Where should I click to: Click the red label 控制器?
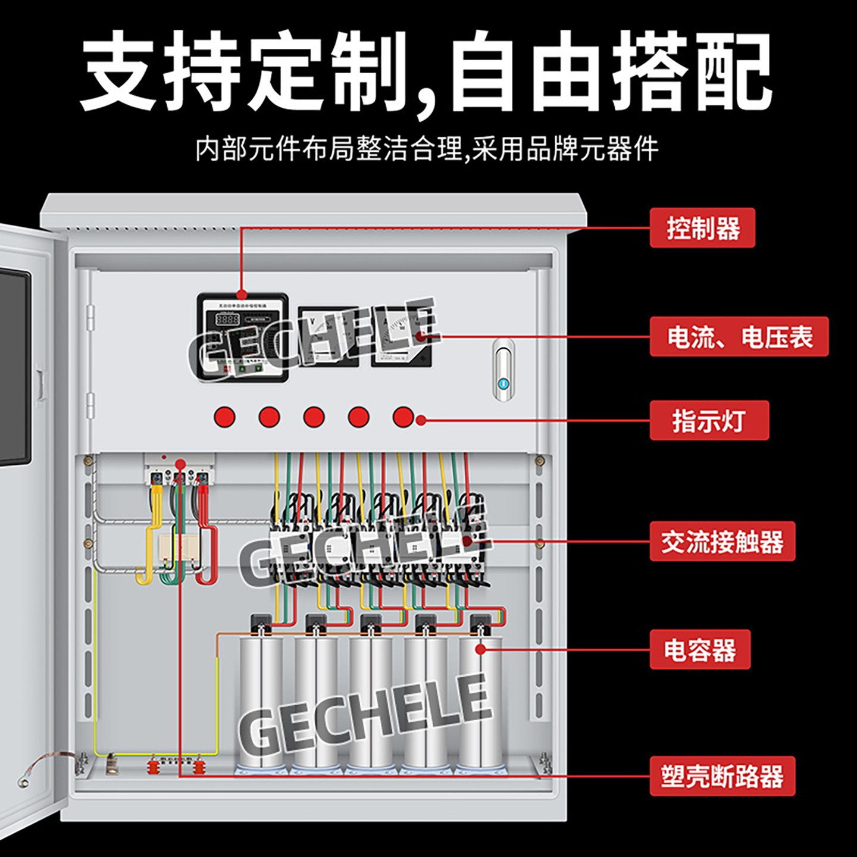pos(702,229)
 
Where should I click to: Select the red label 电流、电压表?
pos(739,337)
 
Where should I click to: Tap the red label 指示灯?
pos(709,421)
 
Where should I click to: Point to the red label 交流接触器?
pos(722,542)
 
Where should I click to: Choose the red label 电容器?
pos(700,650)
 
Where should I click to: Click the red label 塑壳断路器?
pos(722,776)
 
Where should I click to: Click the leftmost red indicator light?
pos(224,417)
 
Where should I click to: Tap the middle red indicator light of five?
pos(314,417)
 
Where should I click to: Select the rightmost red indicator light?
pos(403,417)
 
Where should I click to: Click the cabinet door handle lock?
pos(503,370)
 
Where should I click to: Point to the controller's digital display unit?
pos(242,337)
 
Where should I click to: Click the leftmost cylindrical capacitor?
pos(261,702)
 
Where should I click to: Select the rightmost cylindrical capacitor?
pos(480,702)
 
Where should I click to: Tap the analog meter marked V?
pos(327,336)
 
